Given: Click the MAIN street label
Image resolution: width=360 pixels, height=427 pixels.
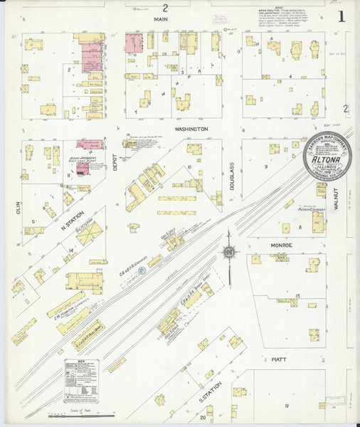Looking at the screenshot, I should point(164,21).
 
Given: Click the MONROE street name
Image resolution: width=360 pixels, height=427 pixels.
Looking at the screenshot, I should point(260,246).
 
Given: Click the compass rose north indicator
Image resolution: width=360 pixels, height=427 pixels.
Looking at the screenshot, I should point(229,251).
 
